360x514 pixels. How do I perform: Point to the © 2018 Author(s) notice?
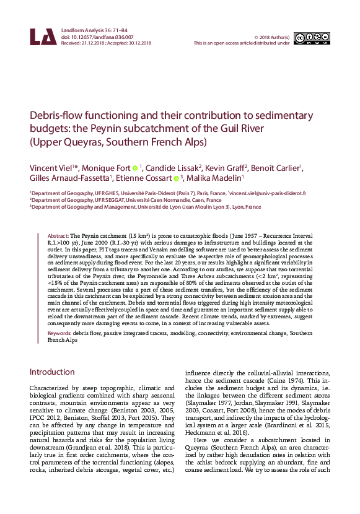tap(272, 37)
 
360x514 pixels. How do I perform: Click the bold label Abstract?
tap(58, 237)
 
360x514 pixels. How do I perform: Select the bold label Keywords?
tap(60, 333)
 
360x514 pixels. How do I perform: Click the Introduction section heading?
tap(53, 372)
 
